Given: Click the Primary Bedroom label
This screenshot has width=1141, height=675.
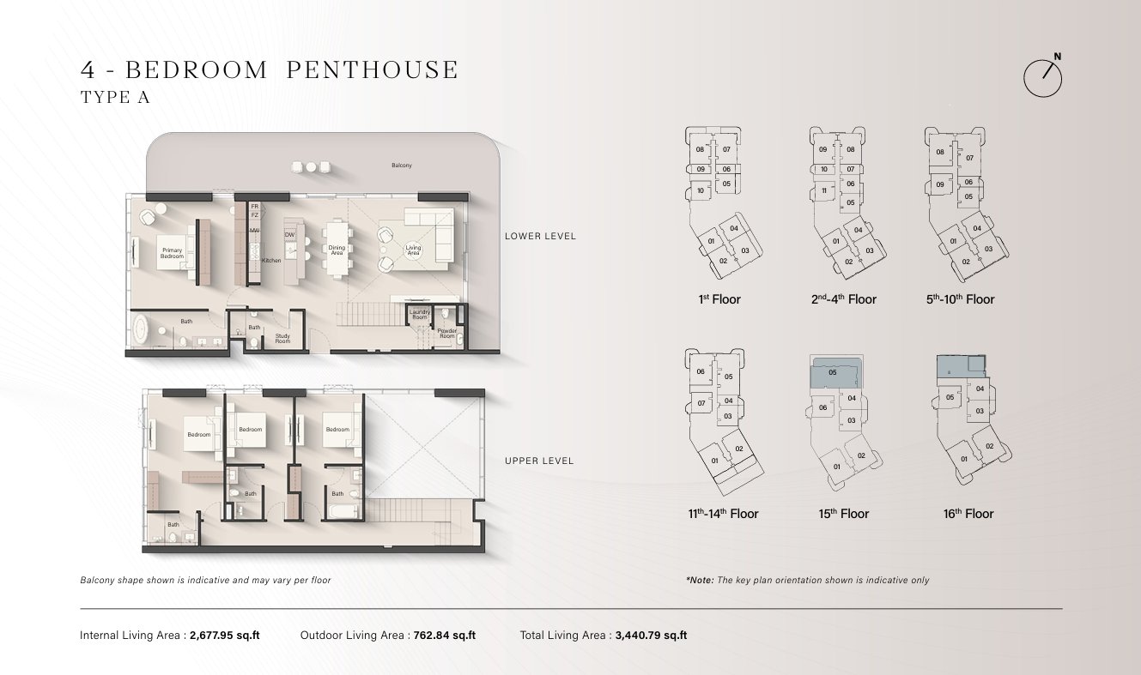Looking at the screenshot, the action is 173,253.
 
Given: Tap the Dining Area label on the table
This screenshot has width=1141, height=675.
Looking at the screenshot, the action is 337,250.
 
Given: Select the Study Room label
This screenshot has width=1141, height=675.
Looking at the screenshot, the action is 282,339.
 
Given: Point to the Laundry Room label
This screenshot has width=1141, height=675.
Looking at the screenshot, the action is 420,315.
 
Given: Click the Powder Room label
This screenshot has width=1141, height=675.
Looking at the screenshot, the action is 446,334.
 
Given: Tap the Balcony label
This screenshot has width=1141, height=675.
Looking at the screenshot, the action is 402,166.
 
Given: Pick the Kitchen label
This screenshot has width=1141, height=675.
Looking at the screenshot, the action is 271,261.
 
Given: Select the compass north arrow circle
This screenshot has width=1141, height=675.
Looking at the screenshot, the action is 1042,79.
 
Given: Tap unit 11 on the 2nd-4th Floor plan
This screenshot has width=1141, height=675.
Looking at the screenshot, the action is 824,191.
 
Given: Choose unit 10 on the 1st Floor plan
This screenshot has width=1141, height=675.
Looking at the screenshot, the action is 701,191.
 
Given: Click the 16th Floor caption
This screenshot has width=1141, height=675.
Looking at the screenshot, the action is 968,514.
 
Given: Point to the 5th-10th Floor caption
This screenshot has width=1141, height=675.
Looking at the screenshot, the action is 960,299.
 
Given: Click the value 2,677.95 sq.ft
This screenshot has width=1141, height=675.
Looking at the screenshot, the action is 225,636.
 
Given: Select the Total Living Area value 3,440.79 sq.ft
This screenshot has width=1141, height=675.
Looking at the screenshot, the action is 651,636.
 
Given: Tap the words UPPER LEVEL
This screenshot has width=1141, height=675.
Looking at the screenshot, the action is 539,461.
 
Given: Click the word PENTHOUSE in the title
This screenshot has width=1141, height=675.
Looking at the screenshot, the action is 373,69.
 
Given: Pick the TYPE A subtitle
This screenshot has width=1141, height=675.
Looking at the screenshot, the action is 115,97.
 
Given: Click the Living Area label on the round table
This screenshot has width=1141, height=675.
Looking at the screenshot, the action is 413,250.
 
